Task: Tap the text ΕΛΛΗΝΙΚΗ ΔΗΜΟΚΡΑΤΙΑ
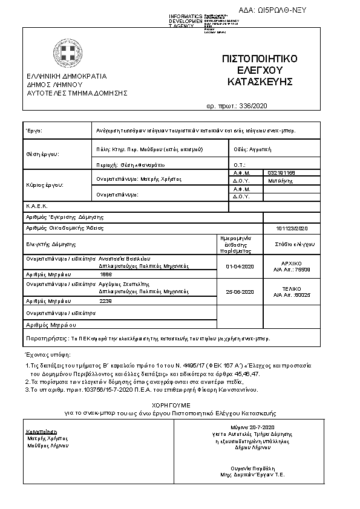[66, 76]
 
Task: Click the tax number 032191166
[281, 173]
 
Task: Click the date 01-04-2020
[240, 266]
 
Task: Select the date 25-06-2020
[240, 292]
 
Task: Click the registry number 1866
[106, 274]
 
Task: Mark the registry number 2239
[106, 300]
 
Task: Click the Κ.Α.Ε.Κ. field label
[37, 206]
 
